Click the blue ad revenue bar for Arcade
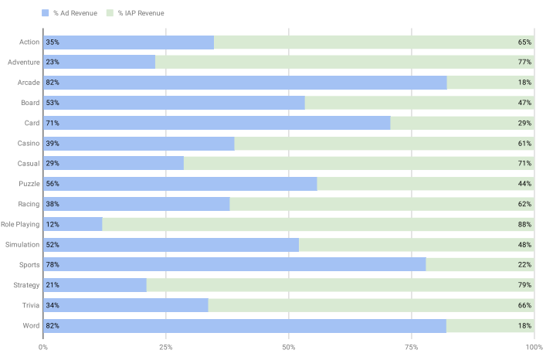[x=245, y=83]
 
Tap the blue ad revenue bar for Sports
[x=235, y=265]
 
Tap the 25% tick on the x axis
[x=165, y=348]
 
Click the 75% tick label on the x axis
[x=411, y=348]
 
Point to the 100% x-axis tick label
[x=534, y=348]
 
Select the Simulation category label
[x=23, y=245]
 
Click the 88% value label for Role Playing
[x=524, y=225]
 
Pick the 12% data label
[x=53, y=225]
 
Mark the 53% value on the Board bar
[x=53, y=103]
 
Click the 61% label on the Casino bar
[x=524, y=144]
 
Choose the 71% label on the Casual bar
[x=524, y=164]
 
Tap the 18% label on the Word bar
[x=524, y=326]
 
